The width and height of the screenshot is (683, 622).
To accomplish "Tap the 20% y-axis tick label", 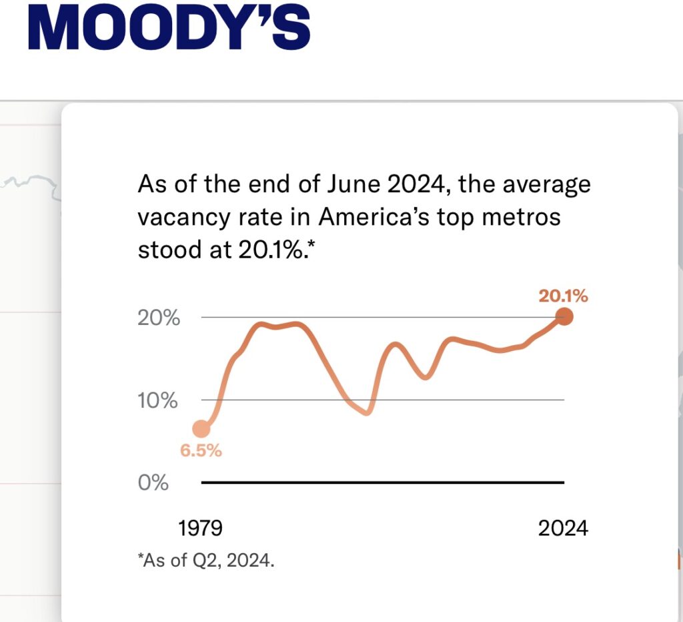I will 159,318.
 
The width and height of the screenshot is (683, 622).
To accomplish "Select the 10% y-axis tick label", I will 159,401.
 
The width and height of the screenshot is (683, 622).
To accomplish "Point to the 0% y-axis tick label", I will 153,483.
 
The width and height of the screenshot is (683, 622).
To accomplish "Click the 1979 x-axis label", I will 200,529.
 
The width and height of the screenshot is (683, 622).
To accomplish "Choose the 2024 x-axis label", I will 564,529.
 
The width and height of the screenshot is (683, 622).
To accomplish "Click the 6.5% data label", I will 201,450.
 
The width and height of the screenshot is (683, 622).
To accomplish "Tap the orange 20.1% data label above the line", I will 564,296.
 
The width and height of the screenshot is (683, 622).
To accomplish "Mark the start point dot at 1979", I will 201,429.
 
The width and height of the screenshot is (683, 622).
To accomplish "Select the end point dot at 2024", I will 564,317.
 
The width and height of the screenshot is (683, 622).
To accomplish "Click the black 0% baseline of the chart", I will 383,482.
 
